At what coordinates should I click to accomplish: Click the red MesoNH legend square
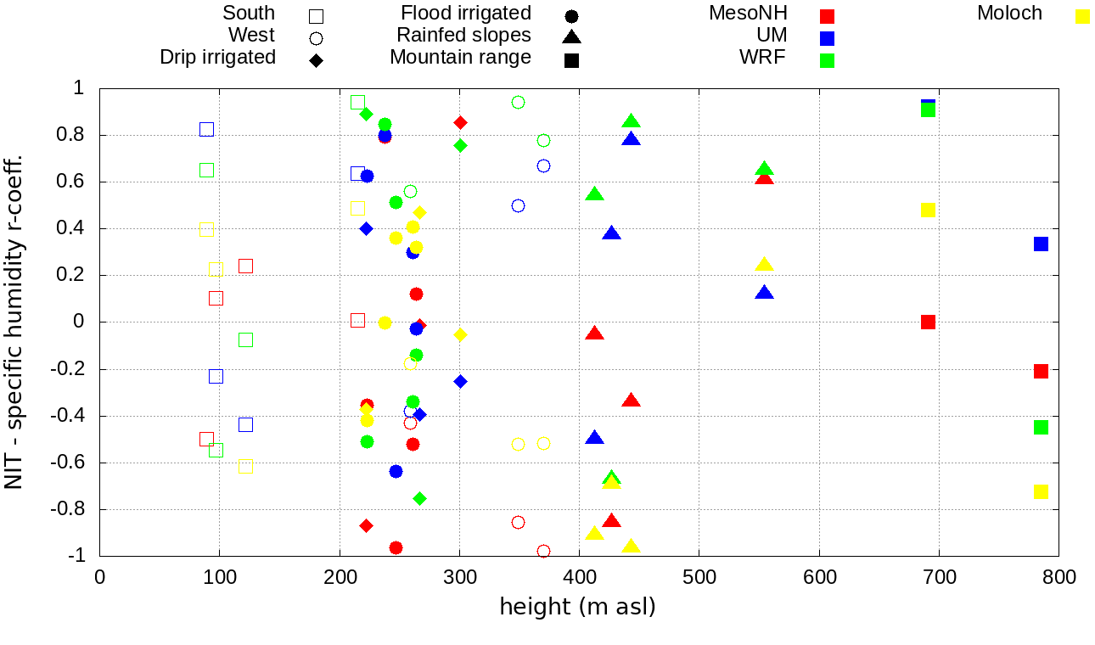pos(828,16)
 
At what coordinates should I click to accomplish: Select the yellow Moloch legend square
pos(1082,16)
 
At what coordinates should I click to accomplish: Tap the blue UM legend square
pos(828,38)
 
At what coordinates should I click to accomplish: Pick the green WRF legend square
pos(828,60)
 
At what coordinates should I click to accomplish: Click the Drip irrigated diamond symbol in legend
pos(316,60)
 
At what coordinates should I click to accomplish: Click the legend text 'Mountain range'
pos(460,58)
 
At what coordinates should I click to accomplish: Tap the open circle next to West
pos(316,38)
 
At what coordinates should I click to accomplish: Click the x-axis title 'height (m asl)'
pos(577,607)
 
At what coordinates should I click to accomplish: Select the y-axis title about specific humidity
pos(14,322)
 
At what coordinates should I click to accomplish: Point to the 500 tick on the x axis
pos(699,577)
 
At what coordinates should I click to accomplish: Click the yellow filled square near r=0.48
pos(928,210)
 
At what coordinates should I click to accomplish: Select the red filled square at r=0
pos(928,322)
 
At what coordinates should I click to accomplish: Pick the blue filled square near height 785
pos(1041,244)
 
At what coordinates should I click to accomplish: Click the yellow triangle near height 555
pos(764,265)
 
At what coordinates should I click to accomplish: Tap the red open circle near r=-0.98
pos(543,552)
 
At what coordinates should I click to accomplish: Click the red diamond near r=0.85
pos(460,123)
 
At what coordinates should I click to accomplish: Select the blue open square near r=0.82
pos(206,129)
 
